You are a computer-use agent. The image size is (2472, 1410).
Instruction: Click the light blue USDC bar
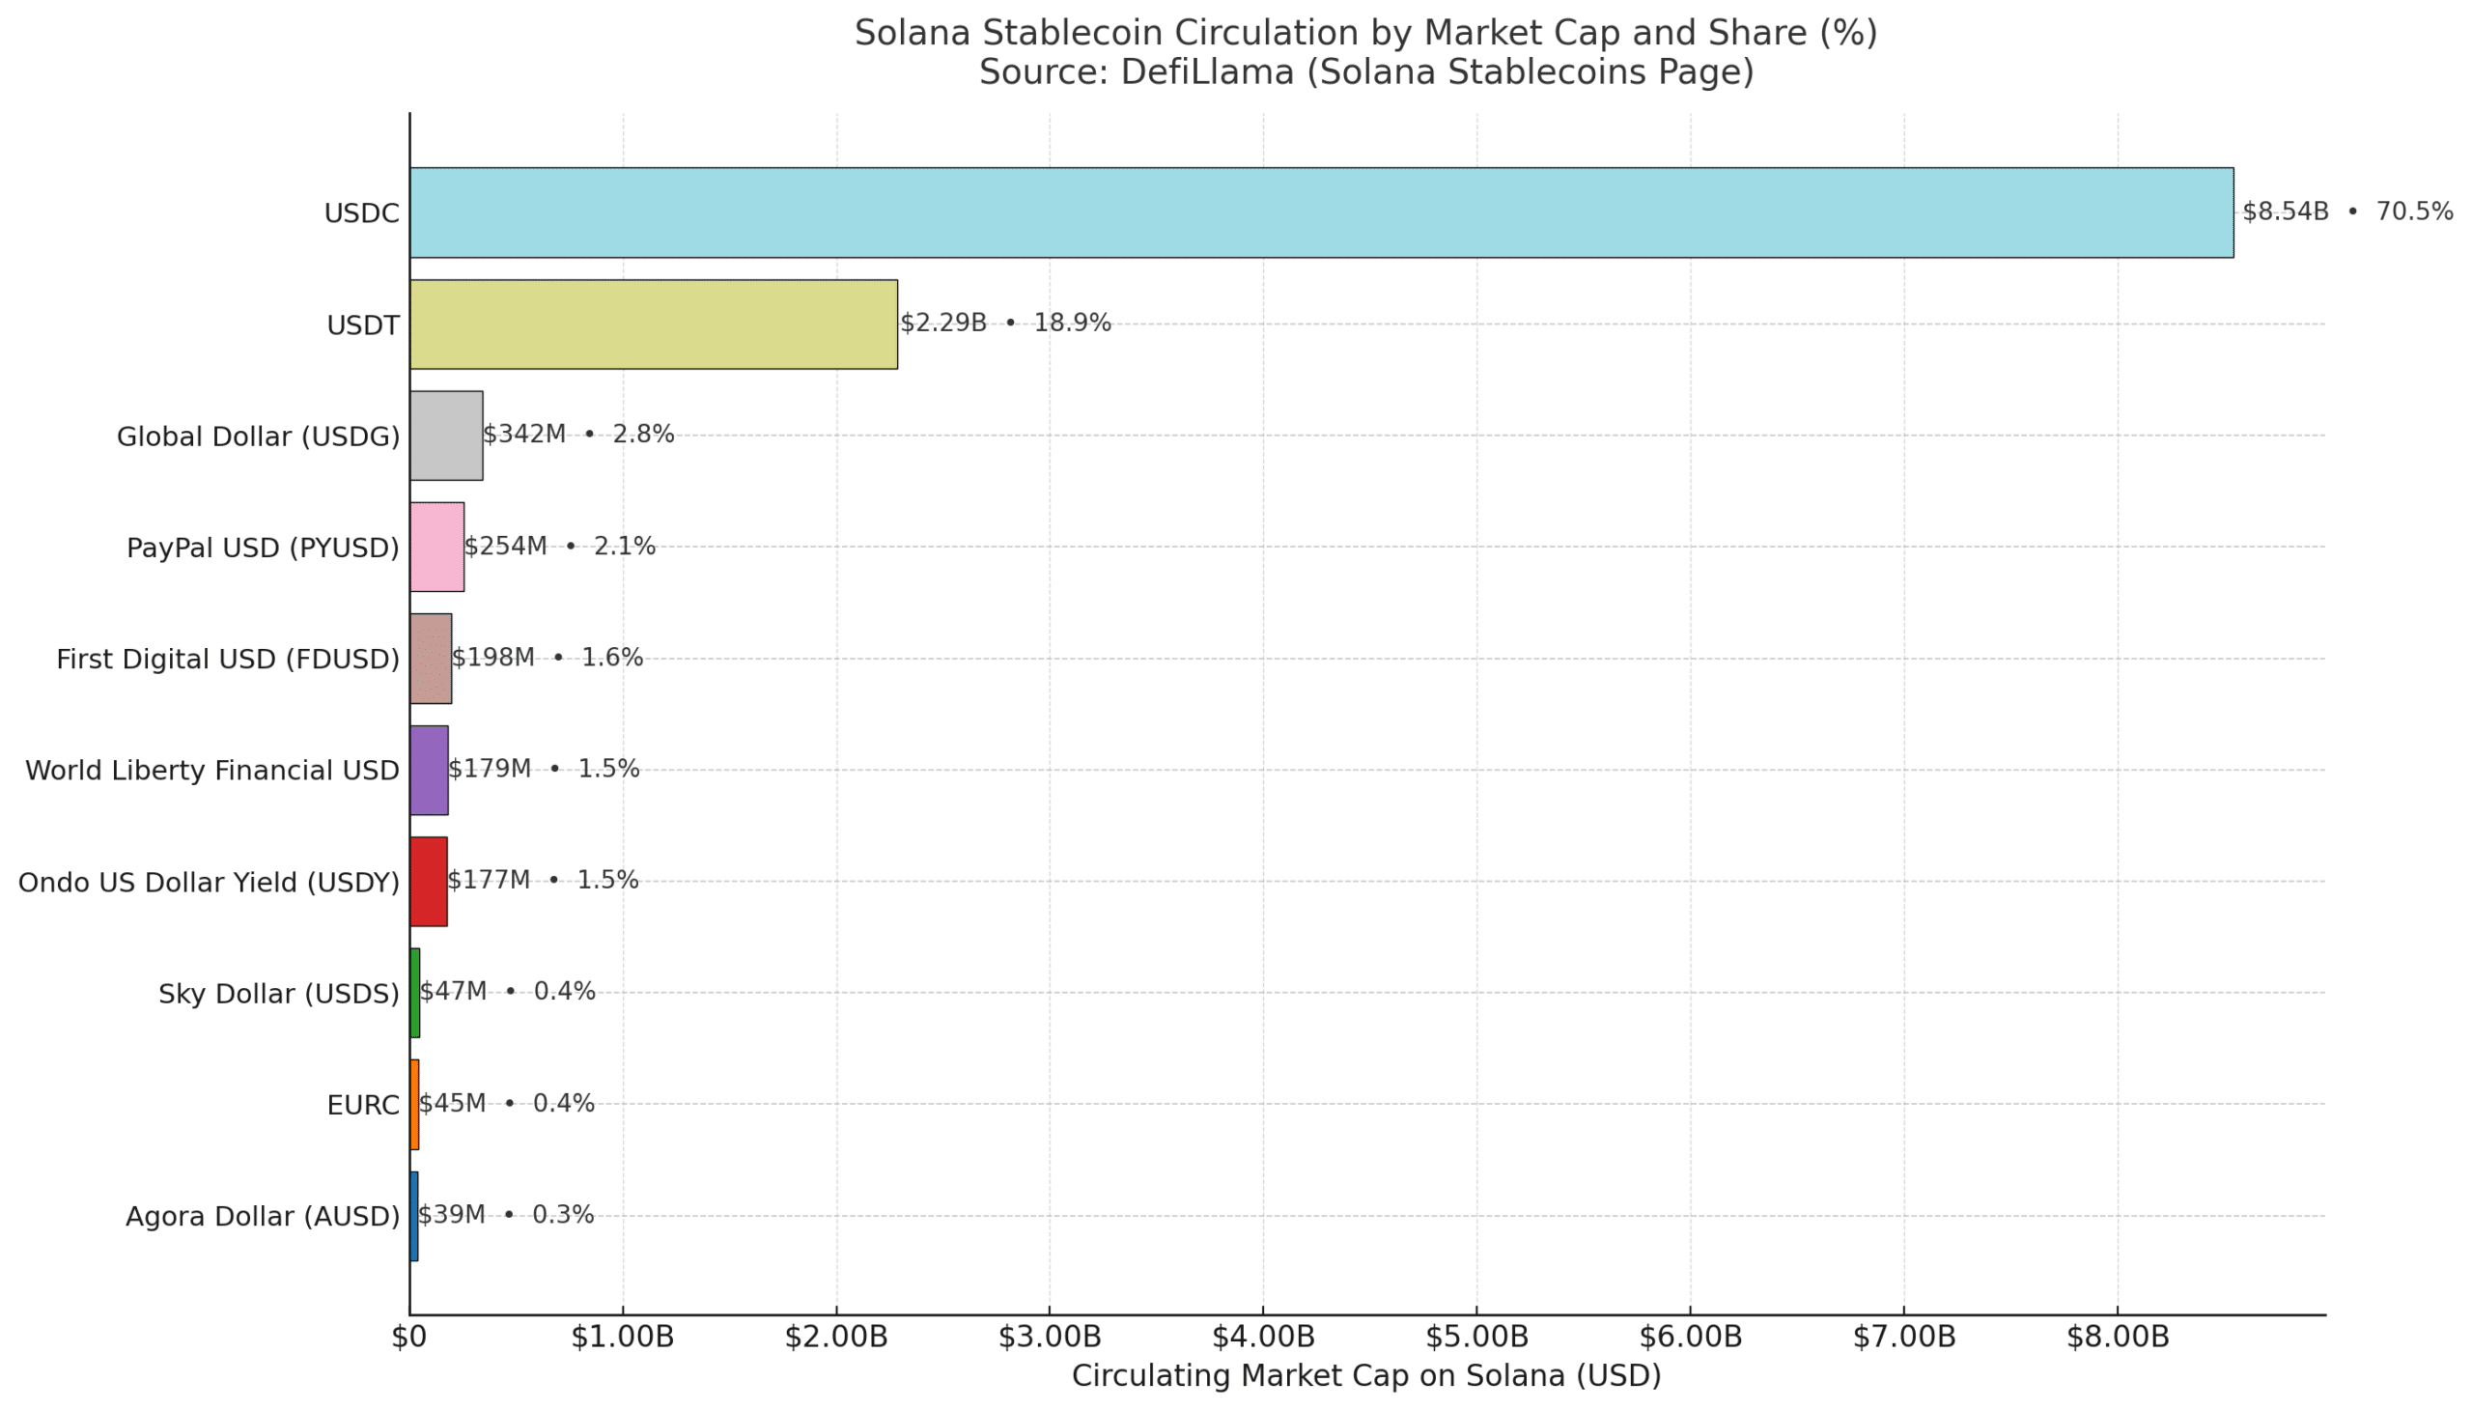tap(1320, 212)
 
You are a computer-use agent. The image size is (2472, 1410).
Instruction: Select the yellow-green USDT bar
tap(653, 324)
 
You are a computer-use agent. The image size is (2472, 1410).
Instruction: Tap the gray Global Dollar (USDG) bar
tap(445, 436)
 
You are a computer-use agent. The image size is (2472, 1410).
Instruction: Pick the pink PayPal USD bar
tap(436, 548)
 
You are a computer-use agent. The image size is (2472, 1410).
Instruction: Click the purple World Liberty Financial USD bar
tap(428, 770)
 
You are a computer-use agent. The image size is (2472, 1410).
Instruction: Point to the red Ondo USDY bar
tap(428, 881)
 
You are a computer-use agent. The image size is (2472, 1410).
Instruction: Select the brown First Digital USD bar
tap(430, 659)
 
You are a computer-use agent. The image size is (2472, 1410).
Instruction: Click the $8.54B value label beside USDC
tap(2284, 212)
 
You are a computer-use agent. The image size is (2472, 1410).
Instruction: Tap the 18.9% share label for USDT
tap(1072, 324)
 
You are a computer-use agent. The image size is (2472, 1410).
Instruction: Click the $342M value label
tap(523, 435)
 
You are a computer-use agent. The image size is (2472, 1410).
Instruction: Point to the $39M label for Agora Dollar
tap(451, 1214)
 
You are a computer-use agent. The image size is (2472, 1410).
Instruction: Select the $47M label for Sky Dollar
tap(453, 992)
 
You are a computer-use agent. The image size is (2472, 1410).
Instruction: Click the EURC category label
tap(362, 1105)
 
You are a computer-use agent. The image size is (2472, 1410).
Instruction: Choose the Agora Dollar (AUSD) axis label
tap(263, 1216)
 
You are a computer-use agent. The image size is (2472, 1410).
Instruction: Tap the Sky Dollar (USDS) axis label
tap(279, 994)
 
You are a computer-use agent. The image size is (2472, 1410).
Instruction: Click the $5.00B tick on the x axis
tap(1476, 1338)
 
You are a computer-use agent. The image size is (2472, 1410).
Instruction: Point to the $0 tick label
tap(408, 1338)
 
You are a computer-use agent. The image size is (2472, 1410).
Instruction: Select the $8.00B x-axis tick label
tap(2118, 1338)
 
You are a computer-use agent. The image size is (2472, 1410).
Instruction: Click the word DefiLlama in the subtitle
tap(1206, 72)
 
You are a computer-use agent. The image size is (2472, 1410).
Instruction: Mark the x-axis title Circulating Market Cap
tap(1365, 1376)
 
